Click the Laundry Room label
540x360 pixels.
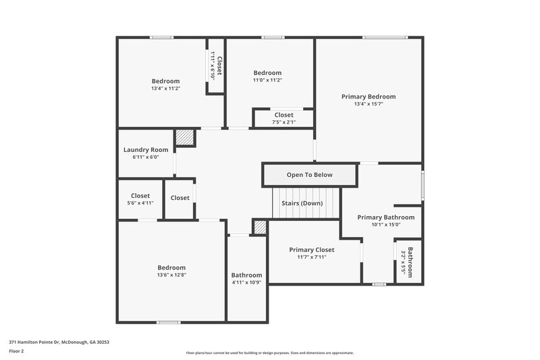pyautogui.click(x=146, y=150)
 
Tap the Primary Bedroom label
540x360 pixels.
pyautogui.click(x=369, y=97)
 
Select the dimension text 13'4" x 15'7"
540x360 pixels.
pyautogui.click(x=369, y=104)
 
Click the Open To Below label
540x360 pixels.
pyautogui.click(x=310, y=175)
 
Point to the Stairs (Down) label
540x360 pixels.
pyautogui.click(x=302, y=203)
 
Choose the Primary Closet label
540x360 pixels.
pyautogui.click(x=311, y=249)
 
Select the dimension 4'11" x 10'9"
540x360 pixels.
pyautogui.click(x=246, y=283)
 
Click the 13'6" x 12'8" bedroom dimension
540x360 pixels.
pyautogui.click(x=171, y=275)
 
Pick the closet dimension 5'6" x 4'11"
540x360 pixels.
pyautogui.click(x=140, y=203)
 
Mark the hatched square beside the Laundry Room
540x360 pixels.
pyautogui.click(x=184, y=138)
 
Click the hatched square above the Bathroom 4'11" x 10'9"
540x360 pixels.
pyautogui.click(x=260, y=227)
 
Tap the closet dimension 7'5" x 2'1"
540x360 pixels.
pyautogui.click(x=283, y=122)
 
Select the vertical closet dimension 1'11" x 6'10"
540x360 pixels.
pyautogui.click(x=213, y=66)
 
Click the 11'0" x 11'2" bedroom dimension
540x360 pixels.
pyautogui.click(x=267, y=80)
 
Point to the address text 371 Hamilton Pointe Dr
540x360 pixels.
pyautogui.click(x=59, y=342)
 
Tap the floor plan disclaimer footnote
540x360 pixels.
pyautogui.click(x=269, y=353)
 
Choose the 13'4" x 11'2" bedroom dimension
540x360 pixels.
pyautogui.click(x=165, y=88)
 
